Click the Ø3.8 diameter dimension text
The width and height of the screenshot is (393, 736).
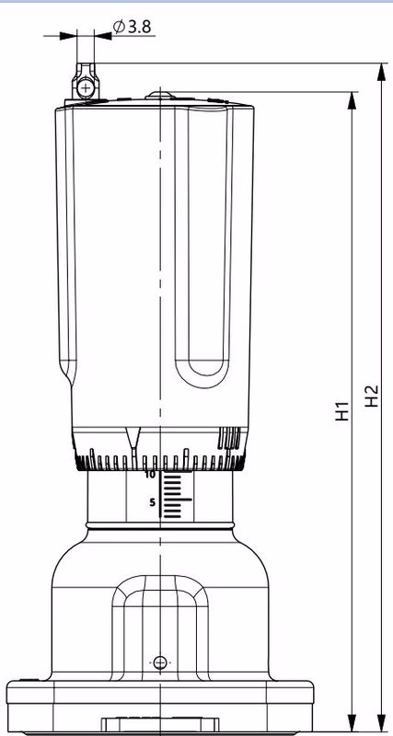pos(133,27)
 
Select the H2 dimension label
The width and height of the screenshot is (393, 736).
pos(372,396)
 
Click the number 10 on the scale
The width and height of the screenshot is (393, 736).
pos(150,475)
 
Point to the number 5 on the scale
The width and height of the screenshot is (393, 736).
pos(152,502)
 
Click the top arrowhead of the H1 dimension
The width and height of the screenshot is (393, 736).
pos(352,100)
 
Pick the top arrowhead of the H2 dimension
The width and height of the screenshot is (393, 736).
pos(382,72)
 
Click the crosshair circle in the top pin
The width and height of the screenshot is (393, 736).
pos(86,87)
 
